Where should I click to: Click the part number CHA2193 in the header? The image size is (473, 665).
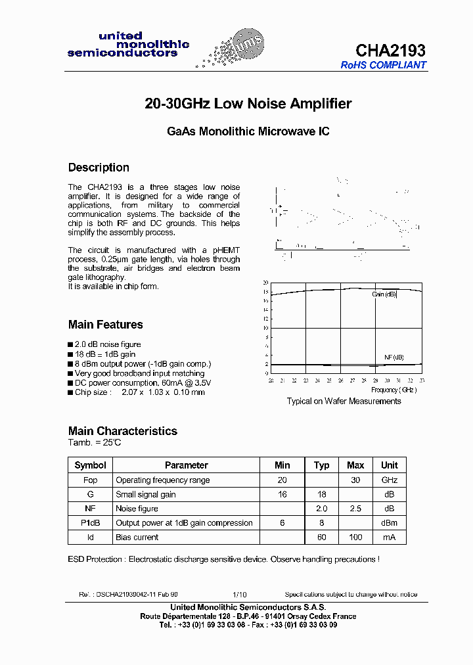point(390,50)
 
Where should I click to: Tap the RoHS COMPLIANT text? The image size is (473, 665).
point(384,65)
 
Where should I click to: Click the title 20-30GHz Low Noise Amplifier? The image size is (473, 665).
point(248,104)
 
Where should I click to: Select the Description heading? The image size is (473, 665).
point(99,168)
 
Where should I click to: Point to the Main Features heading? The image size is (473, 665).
point(105,325)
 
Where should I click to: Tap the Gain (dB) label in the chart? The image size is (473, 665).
point(384,294)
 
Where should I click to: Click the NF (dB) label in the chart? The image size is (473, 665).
point(394,357)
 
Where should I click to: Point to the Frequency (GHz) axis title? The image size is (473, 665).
point(394,390)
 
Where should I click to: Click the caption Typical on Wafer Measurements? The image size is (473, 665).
point(344,401)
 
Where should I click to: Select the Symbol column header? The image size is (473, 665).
point(91,465)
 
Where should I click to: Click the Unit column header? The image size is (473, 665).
point(390,465)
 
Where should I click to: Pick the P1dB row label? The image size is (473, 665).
point(91,523)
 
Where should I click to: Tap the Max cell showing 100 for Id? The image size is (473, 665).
point(355,538)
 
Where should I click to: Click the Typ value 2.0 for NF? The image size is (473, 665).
point(321,509)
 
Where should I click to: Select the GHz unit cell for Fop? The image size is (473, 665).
point(390,480)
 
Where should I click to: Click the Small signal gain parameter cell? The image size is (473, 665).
point(146,494)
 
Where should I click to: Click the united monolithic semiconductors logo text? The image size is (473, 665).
point(128,45)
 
